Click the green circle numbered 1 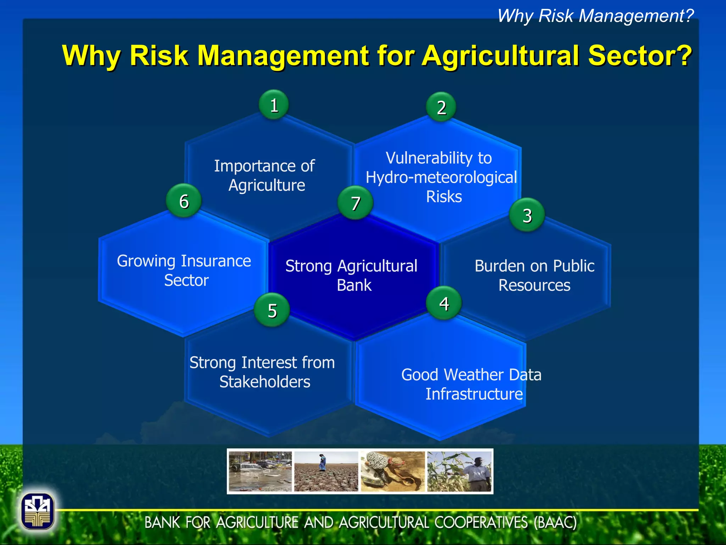pyautogui.click(x=274, y=105)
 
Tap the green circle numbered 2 pyautogui.click(x=441, y=107)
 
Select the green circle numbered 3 pyautogui.click(x=527, y=215)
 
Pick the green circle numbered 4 pyautogui.click(x=444, y=303)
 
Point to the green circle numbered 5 pyautogui.click(x=272, y=310)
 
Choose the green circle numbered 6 pyautogui.click(x=184, y=201)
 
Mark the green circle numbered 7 pyautogui.click(x=355, y=203)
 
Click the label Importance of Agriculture pyautogui.click(x=265, y=176)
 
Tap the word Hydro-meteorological pyautogui.click(x=441, y=177)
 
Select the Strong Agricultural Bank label pyautogui.click(x=352, y=275)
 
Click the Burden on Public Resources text pyautogui.click(x=534, y=275)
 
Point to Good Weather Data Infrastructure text pyautogui.click(x=471, y=384)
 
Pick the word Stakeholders pyautogui.click(x=265, y=382)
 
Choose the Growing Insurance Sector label pyautogui.click(x=184, y=270)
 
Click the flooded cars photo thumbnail pyautogui.click(x=260, y=471)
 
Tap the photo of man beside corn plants pyautogui.click(x=459, y=471)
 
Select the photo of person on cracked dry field pyautogui.click(x=326, y=471)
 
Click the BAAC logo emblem pyautogui.click(x=38, y=511)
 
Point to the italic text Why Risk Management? pyautogui.click(x=595, y=16)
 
